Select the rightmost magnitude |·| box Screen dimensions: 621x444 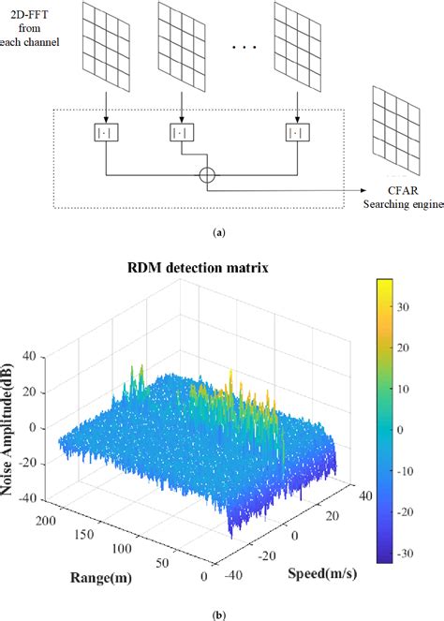pyautogui.click(x=296, y=133)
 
